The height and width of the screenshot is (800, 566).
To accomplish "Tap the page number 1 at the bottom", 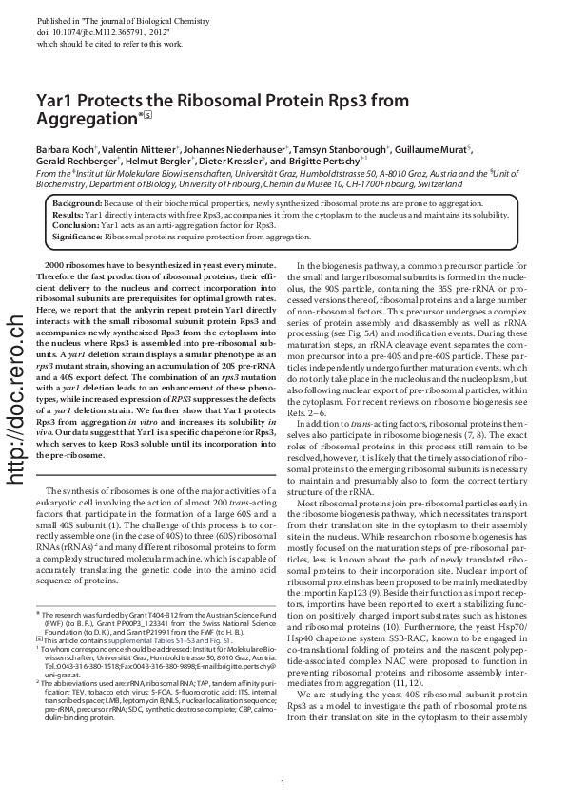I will (283, 782).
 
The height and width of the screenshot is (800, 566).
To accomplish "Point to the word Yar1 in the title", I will (56, 99).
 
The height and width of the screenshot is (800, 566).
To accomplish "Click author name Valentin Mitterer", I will (143, 149).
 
